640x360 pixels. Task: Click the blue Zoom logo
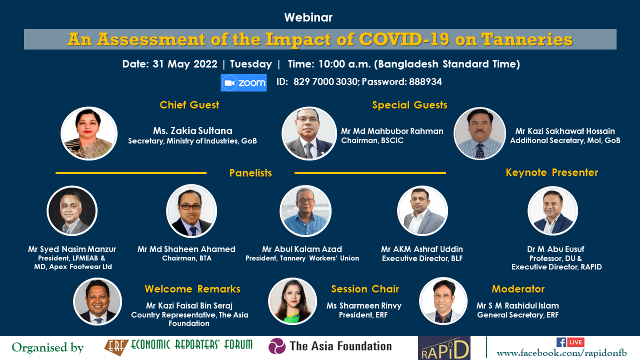tap(243, 83)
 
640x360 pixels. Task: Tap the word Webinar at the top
tap(308, 17)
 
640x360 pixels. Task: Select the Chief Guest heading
tap(189, 105)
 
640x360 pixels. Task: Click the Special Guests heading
tap(409, 105)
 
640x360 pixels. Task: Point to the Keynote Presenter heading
tap(551, 172)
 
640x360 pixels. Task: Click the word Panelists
tap(250, 173)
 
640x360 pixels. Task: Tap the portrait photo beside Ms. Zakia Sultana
tap(89, 133)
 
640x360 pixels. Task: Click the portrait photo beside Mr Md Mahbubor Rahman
tap(309, 133)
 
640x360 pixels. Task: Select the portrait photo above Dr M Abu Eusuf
tap(552, 211)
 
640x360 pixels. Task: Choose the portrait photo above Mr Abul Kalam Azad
tap(305, 211)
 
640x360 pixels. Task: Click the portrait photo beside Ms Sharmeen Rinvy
tap(292, 301)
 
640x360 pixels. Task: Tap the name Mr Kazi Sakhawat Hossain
tap(565, 131)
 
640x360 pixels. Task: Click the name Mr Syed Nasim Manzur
tap(72, 249)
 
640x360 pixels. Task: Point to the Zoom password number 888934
tap(425, 82)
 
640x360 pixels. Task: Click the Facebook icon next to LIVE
tap(561, 342)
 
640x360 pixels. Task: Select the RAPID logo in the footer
tap(444, 348)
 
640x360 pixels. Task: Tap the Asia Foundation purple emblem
tap(277, 346)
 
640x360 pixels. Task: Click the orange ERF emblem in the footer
tap(116, 347)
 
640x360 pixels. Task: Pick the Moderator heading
tap(517, 289)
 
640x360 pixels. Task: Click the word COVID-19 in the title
tap(403, 39)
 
